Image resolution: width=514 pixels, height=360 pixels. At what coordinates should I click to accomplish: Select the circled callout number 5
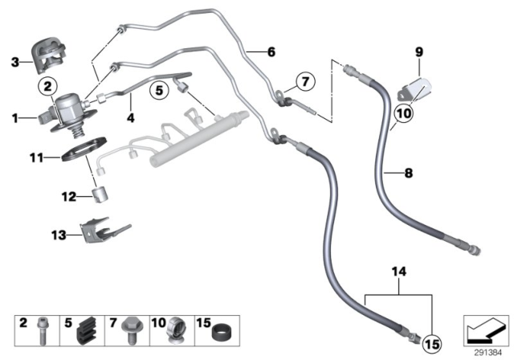point(159,92)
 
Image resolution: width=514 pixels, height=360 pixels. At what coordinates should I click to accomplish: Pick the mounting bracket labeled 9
point(417,83)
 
